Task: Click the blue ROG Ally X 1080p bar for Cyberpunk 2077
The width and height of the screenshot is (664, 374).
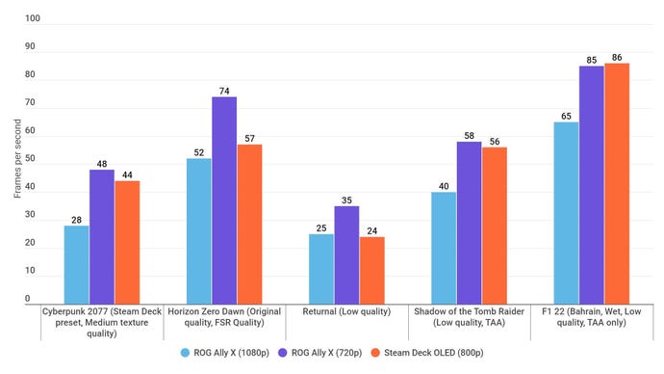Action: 76,264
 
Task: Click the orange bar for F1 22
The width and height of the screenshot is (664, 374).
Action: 616,183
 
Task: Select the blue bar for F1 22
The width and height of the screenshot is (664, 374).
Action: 566,213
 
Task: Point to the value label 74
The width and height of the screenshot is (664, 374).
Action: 224,91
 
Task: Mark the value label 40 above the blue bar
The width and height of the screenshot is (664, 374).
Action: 444,186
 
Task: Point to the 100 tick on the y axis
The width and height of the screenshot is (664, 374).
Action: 33,19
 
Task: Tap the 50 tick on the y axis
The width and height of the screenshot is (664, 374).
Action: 33,159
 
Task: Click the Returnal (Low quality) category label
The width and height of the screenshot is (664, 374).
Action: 346,311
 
